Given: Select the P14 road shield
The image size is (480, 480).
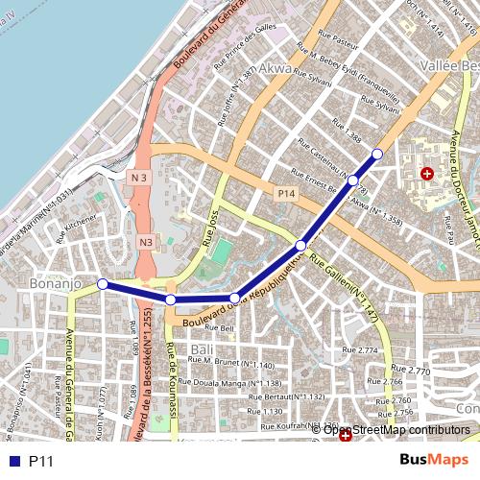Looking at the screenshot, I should coord(286,195).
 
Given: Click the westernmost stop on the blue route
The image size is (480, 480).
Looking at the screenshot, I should coord(103,283).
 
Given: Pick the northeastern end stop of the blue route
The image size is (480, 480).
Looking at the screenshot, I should coord(377,154).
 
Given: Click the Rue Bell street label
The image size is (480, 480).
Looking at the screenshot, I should coord(219,328).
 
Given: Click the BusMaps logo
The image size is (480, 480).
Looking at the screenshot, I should coord(434,461).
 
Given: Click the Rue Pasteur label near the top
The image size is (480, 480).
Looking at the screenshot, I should coord(342,43).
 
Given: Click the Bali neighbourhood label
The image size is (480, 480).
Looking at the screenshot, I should coord(202,348).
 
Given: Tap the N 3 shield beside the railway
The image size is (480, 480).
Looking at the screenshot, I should coord(139,178).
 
